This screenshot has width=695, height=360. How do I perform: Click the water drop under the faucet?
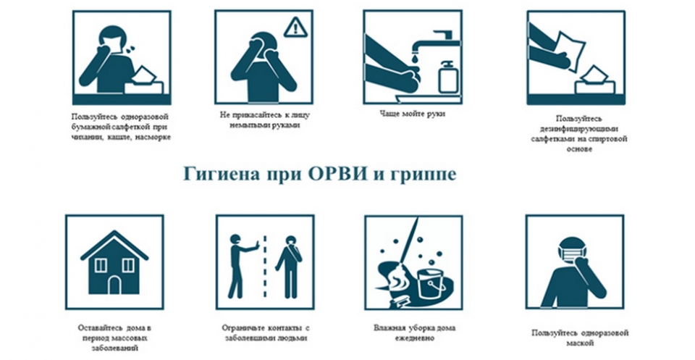[x=413, y=58]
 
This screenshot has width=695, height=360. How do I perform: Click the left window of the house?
[x=101, y=265]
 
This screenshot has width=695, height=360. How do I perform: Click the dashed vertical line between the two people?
[x=265, y=267]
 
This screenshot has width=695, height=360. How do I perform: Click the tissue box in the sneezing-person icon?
[x=144, y=83]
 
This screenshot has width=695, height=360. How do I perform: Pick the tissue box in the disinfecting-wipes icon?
[x=594, y=81]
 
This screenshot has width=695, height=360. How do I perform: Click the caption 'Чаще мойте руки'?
[x=412, y=114]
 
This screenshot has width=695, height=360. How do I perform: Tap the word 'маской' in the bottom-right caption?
[x=580, y=343]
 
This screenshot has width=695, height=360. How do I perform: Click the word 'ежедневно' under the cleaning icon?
[x=414, y=339]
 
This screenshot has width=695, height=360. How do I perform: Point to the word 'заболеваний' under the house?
[x=114, y=348]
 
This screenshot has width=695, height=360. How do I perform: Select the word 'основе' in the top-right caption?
[x=579, y=149]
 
